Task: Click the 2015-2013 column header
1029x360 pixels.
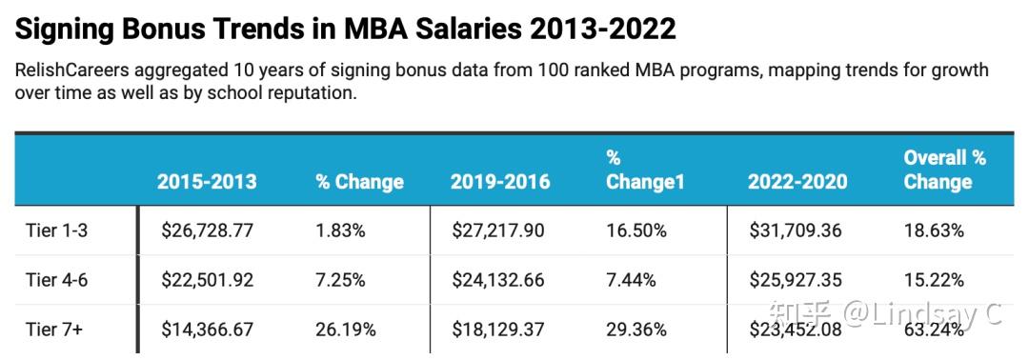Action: [x=207, y=182]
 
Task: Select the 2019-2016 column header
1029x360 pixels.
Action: [x=500, y=182]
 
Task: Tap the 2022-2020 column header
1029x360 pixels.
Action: [x=797, y=182]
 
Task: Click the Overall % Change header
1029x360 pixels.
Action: [x=944, y=170]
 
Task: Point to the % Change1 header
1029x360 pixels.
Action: [x=645, y=170]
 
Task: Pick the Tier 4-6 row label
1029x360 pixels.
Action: [x=59, y=280]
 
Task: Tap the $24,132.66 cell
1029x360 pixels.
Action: [x=501, y=280]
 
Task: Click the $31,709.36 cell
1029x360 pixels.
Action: [x=798, y=230]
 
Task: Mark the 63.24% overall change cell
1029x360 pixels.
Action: [x=934, y=330]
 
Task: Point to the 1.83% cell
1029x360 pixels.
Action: [x=341, y=230]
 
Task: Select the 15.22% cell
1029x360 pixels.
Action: [x=934, y=280]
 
